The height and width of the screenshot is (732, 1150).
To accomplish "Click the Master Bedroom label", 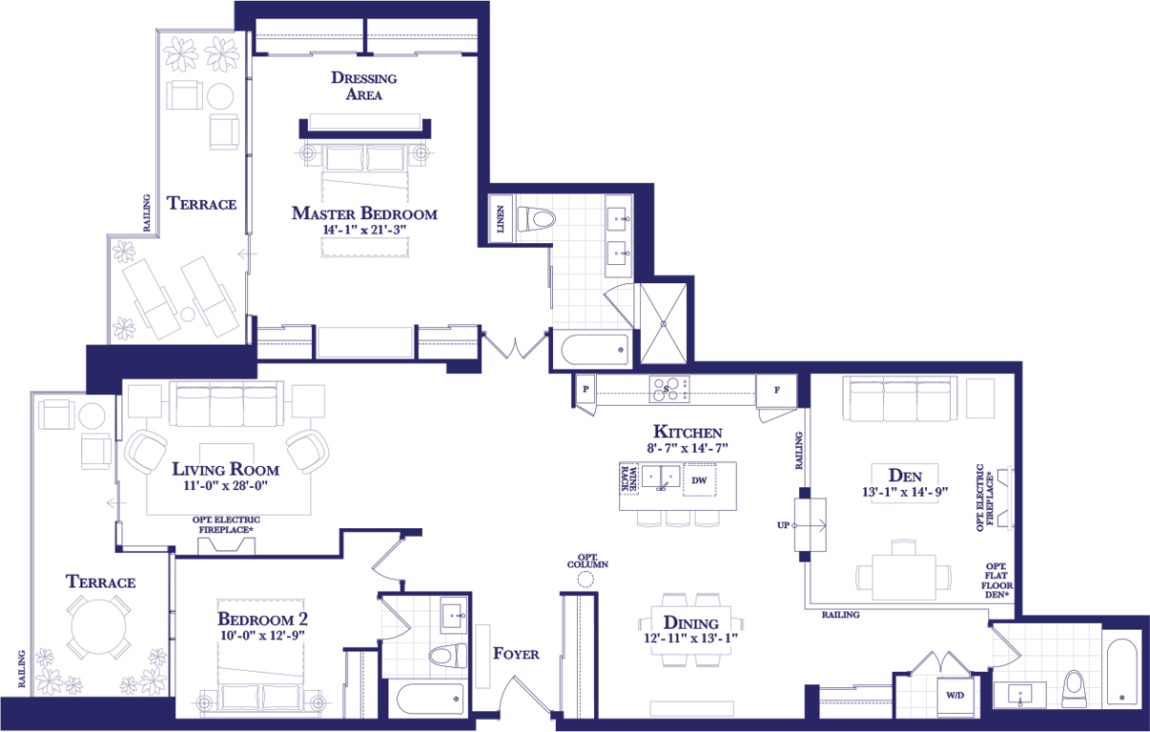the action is (x=364, y=213).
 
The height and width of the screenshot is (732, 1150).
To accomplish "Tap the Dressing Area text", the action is (x=364, y=86).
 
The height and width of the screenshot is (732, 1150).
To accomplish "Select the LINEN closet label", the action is (x=501, y=219).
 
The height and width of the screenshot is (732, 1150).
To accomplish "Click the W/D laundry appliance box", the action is (x=955, y=696).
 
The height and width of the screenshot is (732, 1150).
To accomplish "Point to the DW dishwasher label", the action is (x=699, y=480).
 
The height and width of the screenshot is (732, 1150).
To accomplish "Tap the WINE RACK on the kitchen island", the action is (x=629, y=478).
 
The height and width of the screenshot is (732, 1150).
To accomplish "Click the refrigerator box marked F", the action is (x=776, y=390).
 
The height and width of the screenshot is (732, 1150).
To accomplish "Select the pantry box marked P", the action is (x=585, y=389).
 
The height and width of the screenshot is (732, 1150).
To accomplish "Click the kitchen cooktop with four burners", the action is (x=669, y=389).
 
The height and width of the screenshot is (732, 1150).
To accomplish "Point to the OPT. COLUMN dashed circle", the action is (x=585, y=579).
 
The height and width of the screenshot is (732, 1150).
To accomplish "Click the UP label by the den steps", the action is (x=783, y=525).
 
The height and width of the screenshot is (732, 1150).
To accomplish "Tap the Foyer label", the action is (x=516, y=654).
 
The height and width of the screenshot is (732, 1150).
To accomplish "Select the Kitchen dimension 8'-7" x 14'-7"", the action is (x=688, y=448).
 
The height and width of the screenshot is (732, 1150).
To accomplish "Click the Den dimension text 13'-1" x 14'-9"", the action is (x=905, y=492).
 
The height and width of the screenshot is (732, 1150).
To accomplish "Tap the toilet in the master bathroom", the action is (x=537, y=219).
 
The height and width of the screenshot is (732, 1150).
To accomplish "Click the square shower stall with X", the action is (x=664, y=324).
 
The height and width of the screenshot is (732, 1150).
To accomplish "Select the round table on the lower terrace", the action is (x=98, y=627).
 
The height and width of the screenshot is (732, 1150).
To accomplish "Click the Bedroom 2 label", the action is (x=262, y=620).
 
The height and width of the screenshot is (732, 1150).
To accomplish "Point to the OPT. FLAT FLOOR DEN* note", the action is (x=996, y=580).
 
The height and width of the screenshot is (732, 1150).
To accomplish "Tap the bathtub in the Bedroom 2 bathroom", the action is (x=430, y=698).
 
